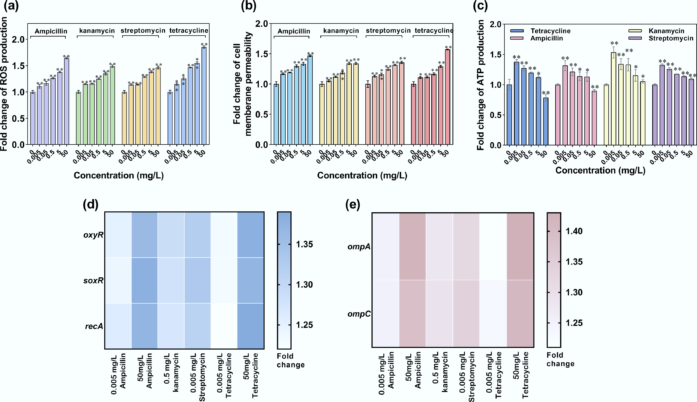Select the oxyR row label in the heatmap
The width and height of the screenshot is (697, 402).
point(93,235)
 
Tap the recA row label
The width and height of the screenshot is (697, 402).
point(94,326)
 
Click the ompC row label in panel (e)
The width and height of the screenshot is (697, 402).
point(359,314)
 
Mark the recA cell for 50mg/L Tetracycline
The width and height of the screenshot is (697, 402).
point(250,326)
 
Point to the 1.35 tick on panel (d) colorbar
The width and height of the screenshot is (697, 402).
point(304,244)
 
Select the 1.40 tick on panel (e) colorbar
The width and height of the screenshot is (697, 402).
point(574,231)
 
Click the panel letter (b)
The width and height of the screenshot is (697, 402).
point(249,6)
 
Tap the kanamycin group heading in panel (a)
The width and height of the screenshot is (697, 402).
point(97,31)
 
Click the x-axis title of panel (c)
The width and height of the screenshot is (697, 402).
point(600,170)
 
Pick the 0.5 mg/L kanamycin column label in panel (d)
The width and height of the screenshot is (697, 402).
point(171,373)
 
